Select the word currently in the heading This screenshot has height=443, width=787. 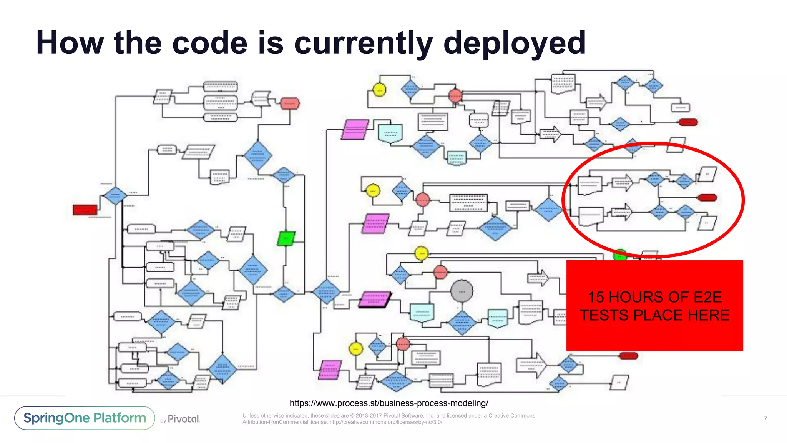[x=364, y=43]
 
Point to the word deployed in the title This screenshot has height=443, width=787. [x=515, y=43]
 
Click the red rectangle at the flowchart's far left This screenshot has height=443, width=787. [x=85, y=210]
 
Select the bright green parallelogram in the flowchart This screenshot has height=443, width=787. [x=286, y=238]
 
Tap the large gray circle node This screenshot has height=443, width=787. [x=462, y=291]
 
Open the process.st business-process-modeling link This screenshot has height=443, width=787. [x=389, y=403]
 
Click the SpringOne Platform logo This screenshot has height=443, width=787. [x=85, y=418]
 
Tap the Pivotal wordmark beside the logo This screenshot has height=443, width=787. [x=183, y=419]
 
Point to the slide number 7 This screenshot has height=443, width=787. [x=765, y=418]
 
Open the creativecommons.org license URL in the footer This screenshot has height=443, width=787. [x=386, y=422]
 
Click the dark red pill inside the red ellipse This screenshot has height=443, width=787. [x=707, y=198]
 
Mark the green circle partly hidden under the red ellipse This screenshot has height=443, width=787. [x=619, y=254]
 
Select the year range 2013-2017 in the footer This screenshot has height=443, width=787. [x=369, y=416]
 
